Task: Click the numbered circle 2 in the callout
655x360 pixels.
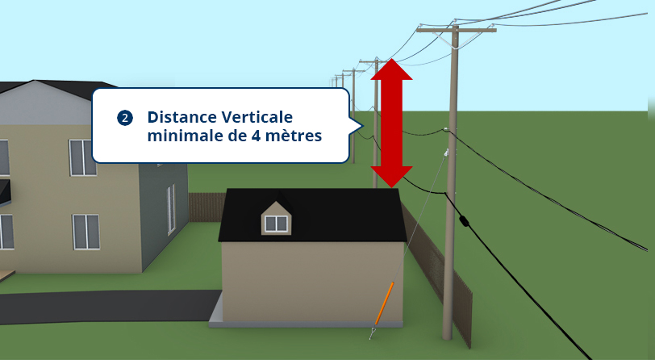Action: coord(125,118)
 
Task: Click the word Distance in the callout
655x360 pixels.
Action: coord(179,117)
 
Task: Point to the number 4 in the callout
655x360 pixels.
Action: coord(257,136)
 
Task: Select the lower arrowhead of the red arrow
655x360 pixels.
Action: coord(391,176)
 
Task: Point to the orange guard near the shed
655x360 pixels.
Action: coord(384,302)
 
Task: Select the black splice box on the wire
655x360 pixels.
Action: coord(463,220)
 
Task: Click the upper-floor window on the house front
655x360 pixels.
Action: coord(81,157)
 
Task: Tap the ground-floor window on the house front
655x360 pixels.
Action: coord(86,231)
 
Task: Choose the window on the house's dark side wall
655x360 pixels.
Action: coord(171,208)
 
